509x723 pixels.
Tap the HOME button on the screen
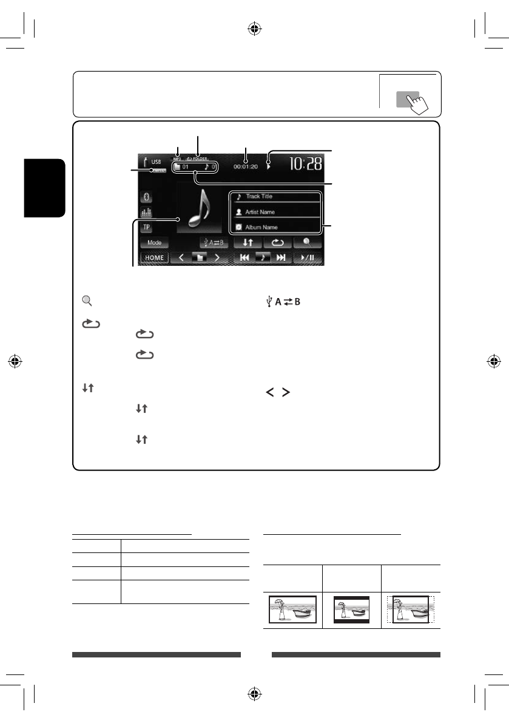(x=154, y=257)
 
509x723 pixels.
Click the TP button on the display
(x=146, y=227)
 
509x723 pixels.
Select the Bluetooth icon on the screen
(x=146, y=197)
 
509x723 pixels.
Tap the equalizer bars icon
(x=146, y=212)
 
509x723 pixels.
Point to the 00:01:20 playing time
(x=245, y=165)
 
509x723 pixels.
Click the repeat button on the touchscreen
(x=277, y=242)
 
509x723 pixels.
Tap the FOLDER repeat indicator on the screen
(x=197, y=158)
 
